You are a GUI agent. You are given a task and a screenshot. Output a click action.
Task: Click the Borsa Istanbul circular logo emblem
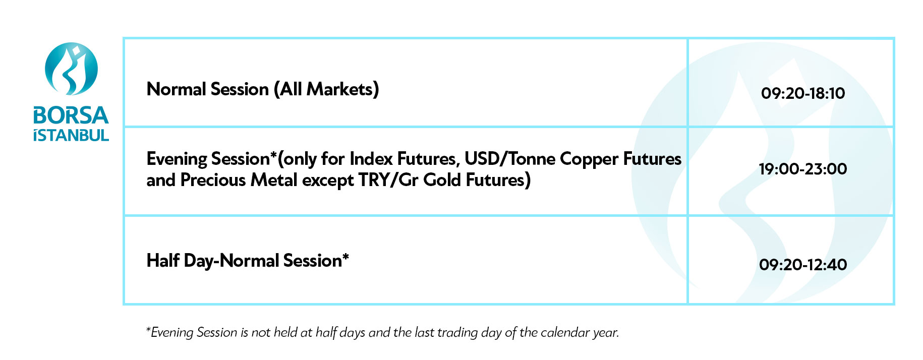tap(71, 69)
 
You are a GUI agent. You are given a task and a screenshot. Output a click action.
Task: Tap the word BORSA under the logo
tap(71, 115)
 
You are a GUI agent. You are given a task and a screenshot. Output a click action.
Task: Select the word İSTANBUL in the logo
tap(71, 135)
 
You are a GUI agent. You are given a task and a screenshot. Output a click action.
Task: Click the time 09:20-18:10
tap(803, 93)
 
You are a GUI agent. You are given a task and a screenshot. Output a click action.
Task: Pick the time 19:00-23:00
tap(803, 169)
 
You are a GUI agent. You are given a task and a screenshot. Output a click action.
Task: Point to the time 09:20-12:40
tap(803, 265)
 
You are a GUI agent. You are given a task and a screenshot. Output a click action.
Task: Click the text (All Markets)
tap(326, 90)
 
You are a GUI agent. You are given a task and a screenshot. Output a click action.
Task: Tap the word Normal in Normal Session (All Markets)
tap(177, 89)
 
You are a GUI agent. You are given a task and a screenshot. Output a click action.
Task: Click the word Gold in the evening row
tap(442, 179)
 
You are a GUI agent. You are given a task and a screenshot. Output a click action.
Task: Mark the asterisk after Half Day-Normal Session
tap(345, 257)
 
